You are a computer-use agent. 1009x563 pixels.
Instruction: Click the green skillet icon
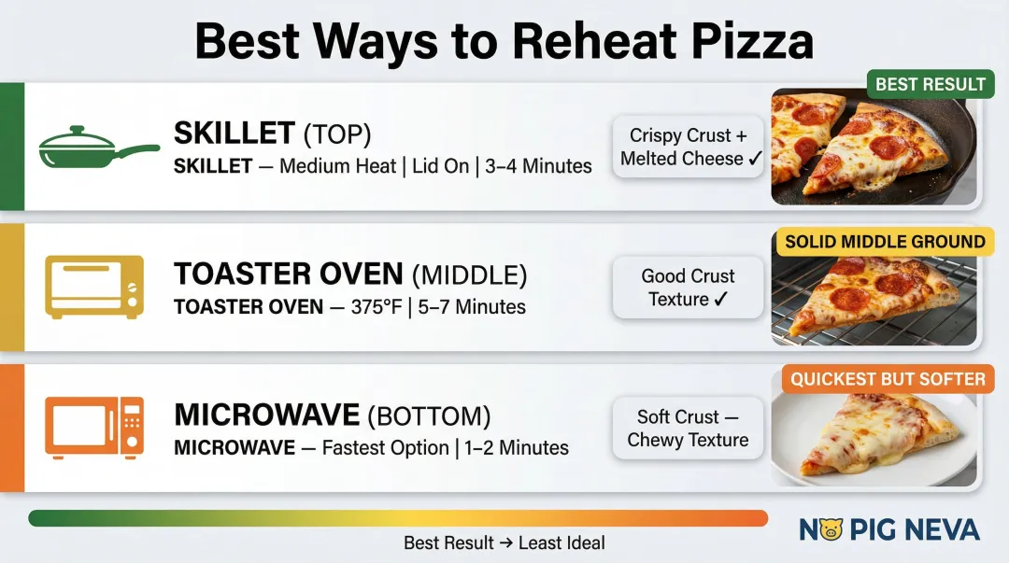tap(97, 147)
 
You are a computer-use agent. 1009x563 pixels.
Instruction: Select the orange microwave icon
tap(95, 426)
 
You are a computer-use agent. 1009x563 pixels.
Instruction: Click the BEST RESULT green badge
tap(931, 84)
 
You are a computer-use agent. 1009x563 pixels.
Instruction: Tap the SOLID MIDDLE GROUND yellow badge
tap(885, 242)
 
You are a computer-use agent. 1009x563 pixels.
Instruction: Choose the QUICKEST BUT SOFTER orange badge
tap(888, 379)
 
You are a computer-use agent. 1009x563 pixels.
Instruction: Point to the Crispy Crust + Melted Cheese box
tap(689, 148)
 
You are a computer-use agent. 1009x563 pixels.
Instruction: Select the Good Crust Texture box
tap(689, 288)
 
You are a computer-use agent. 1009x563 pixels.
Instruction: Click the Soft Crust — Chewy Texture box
tap(689, 429)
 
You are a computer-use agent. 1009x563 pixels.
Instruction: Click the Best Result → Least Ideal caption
tap(504, 542)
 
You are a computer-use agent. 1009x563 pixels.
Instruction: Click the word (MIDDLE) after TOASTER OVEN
tap(470, 274)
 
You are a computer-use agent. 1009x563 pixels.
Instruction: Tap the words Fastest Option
tap(386, 447)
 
